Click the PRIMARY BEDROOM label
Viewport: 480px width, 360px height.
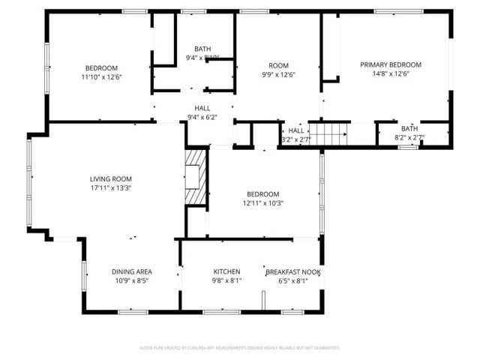[390, 65]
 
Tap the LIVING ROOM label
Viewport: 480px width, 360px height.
[111, 178]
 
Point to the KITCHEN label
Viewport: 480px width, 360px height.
[226, 271]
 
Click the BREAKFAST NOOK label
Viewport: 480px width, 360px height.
[293, 271]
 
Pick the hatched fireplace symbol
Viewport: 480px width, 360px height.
[196, 176]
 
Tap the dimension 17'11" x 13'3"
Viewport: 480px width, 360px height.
[111, 188]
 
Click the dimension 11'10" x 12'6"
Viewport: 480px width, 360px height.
[101, 76]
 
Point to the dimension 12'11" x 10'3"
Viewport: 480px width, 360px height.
[262, 203]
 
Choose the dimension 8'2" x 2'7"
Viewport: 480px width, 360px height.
[409, 138]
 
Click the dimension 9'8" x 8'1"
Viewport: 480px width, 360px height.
[226, 281]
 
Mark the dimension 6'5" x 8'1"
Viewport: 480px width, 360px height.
[293, 281]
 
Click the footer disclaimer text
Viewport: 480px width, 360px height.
[240, 348]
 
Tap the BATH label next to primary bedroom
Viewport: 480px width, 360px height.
[409, 128]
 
